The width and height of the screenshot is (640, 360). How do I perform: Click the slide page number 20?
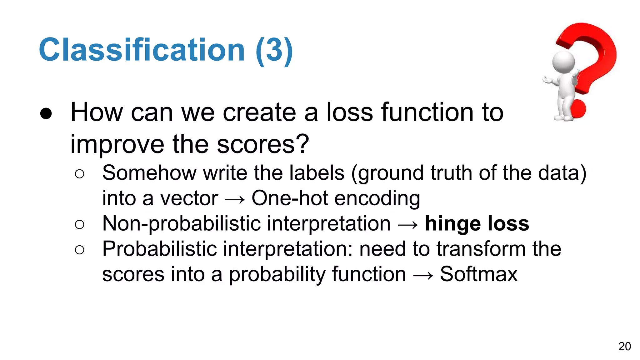coord(624,346)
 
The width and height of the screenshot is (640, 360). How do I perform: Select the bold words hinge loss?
coord(477,223)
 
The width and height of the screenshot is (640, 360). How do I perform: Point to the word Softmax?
coord(479,274)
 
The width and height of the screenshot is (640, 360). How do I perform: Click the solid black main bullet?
coord(46,114)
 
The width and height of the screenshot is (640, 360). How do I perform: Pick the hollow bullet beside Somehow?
coord(80,174)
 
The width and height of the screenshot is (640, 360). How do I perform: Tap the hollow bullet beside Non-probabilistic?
coord(80,224)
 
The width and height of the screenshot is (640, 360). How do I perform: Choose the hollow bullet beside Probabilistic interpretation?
coord(80,250)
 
